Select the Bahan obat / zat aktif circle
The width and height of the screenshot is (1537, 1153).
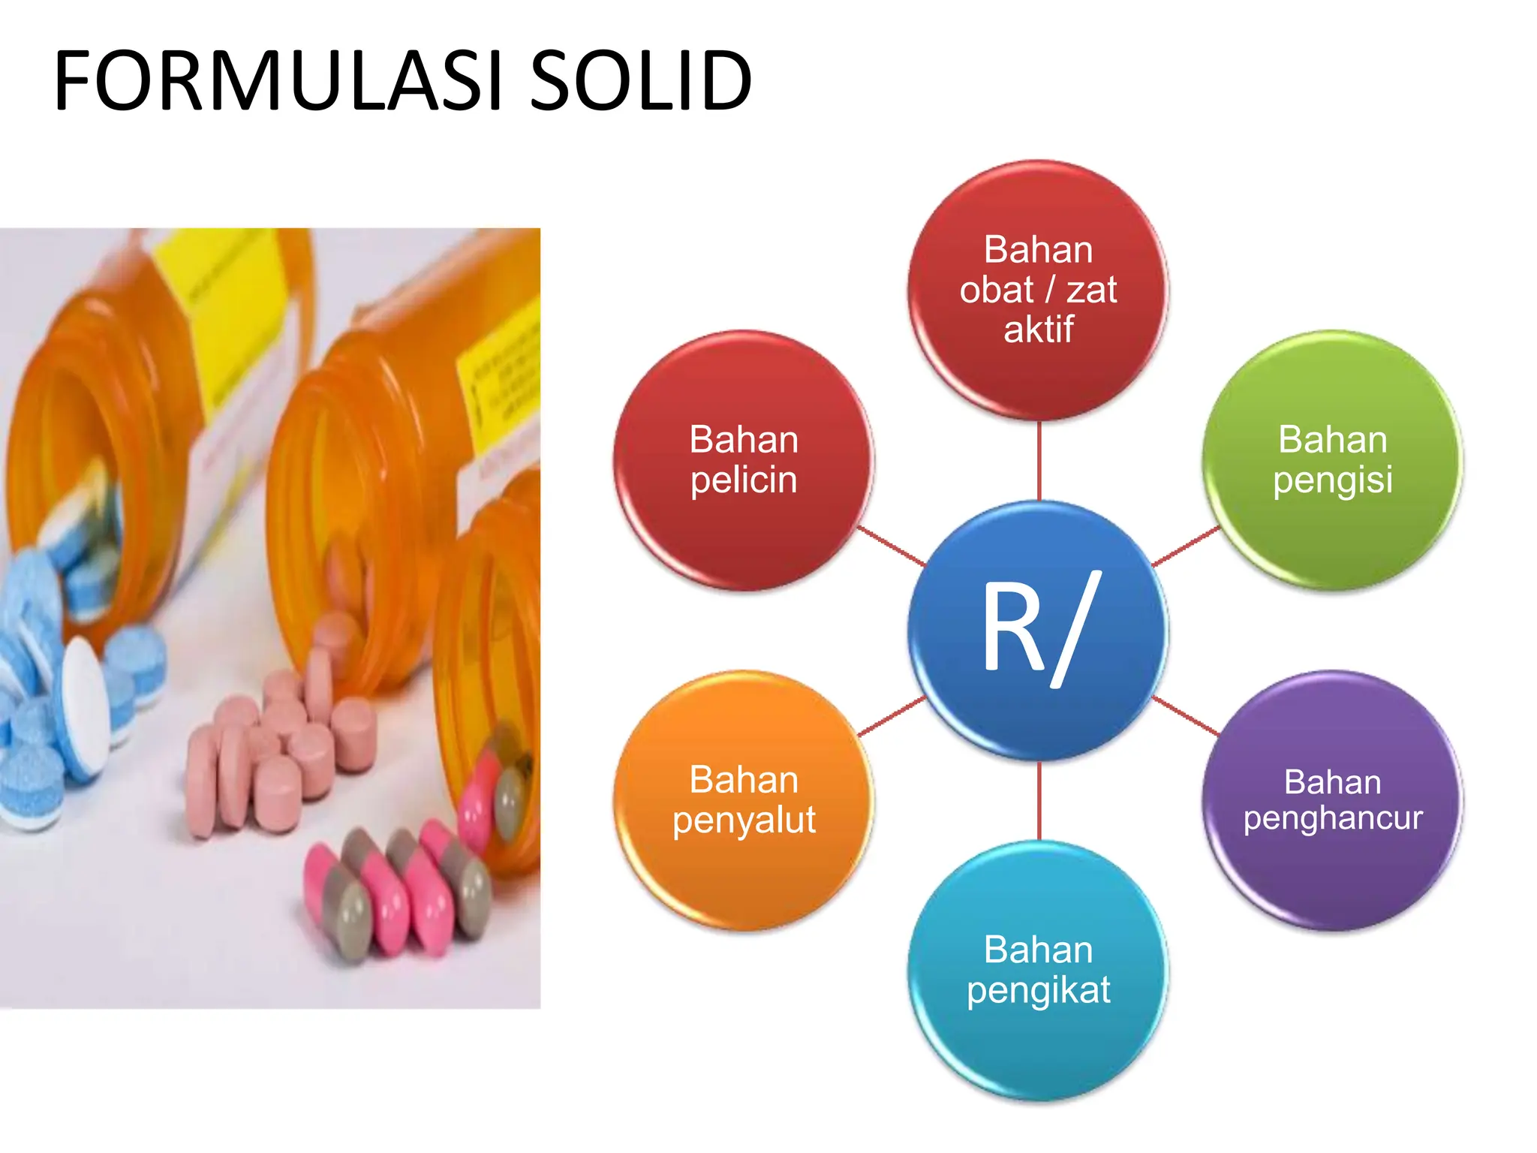tap(1038, 290)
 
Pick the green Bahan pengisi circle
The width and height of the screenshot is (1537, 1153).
tap(1332, 460)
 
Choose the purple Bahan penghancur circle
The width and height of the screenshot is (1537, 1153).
tap(1332, 800)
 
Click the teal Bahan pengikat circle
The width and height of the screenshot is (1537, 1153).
tap(1038, 970)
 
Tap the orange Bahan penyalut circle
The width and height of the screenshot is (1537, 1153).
tap(744, 800)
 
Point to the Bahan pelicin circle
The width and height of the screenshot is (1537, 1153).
tap(744, 460)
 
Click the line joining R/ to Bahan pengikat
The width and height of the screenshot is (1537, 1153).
tap(1039, 800)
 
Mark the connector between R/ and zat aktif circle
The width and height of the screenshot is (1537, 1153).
tap(1039, 460)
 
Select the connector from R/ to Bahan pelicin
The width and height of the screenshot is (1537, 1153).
tap(892, 546)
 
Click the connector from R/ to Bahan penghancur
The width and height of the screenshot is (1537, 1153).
tap(1186, 715)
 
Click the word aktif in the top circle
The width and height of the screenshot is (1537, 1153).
tap(1039, 330)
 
